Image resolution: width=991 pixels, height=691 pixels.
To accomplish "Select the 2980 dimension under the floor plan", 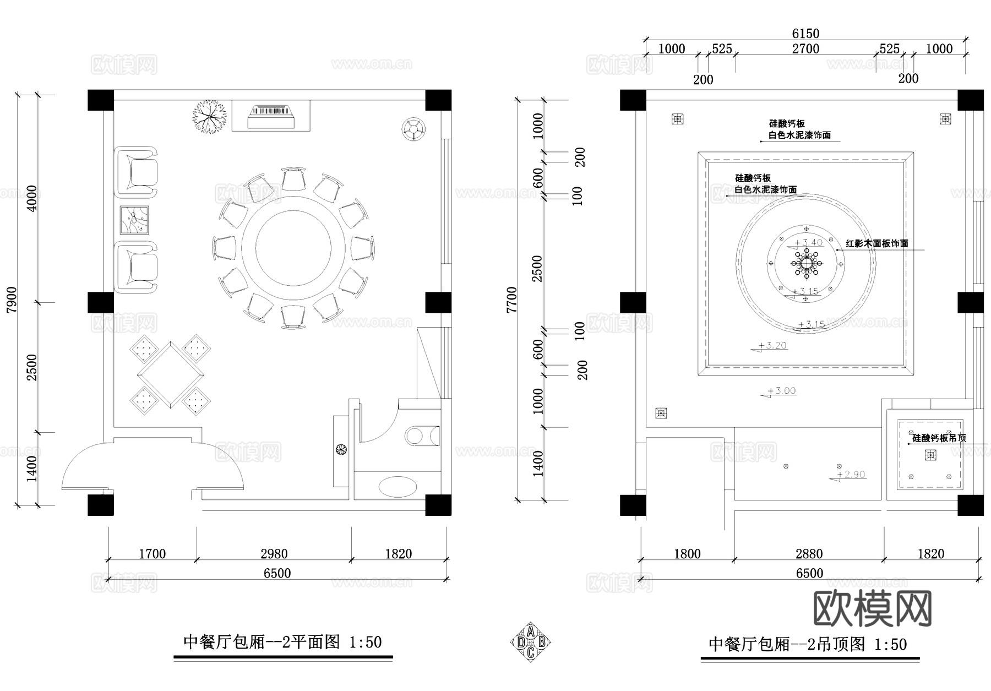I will [274, 554].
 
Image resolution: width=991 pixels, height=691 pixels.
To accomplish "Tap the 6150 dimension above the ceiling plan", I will [805, 34].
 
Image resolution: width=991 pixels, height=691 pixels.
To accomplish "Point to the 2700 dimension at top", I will [805, 49].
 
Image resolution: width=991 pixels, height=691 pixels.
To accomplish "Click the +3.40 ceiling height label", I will [808, 242].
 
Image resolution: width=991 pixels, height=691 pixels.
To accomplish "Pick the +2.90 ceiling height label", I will [851, 474].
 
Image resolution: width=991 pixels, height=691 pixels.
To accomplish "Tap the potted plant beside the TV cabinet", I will [209, 116].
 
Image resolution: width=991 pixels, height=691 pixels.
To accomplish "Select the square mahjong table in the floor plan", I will [170, 375].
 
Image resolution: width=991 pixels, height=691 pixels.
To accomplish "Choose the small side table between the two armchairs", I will [134, 220].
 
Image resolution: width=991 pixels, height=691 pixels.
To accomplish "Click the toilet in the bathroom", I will [422, 436].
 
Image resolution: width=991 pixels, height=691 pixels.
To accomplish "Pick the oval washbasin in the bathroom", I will [398, 487].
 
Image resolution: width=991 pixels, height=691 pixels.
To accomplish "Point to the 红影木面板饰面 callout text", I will [876, 243].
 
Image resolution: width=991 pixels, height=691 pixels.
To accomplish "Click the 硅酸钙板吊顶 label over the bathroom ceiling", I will [939, 439].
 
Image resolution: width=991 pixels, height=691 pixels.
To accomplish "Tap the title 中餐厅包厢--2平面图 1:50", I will [282, 642].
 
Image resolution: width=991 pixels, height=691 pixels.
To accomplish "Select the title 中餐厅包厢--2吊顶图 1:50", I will [807, 644].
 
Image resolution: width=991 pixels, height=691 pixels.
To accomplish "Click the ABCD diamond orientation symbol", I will [530, 641].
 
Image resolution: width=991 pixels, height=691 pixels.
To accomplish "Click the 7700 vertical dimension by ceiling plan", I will [513, 300].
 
